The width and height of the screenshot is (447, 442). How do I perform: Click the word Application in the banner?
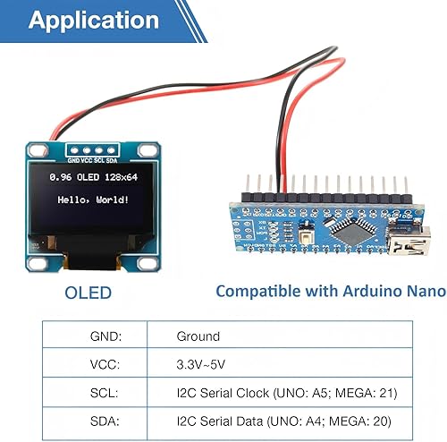[x=94, y=21]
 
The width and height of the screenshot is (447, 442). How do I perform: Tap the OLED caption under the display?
[x=89, y=293]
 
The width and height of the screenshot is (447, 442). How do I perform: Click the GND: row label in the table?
[x=107, y=337]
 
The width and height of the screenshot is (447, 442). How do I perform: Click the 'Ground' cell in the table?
[x=198, y=337]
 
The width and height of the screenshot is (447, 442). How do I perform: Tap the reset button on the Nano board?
[x=306, y=237]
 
